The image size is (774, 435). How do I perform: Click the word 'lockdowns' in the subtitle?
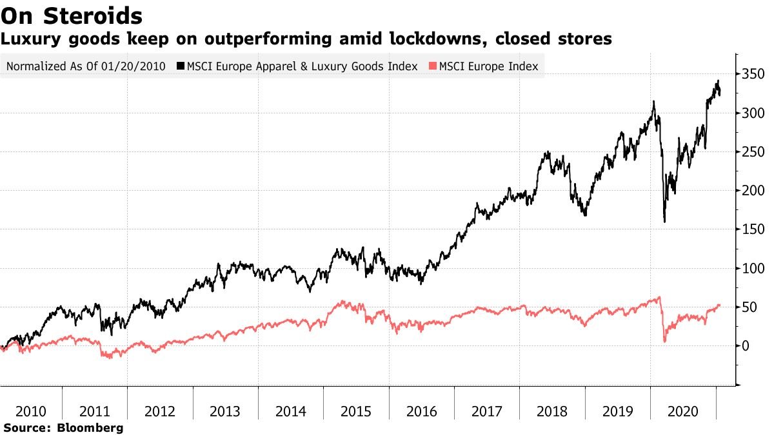click(x=438, y=39)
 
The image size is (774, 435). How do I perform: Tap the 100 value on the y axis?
click(x=752, y=269)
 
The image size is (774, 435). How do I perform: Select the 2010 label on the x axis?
click(x=30, y=412)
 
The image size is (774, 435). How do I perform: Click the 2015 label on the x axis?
click(x=357, y=412)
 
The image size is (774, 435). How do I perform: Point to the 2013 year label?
click(x=226, y=412)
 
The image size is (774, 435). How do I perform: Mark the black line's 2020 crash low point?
click(x=664, y=222)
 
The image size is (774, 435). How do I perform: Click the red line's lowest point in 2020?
click(x=664, y=341)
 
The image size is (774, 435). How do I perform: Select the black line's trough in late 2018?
click(x=584, y=215)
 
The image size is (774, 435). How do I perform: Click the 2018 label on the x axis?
click(x=553, y=412)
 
